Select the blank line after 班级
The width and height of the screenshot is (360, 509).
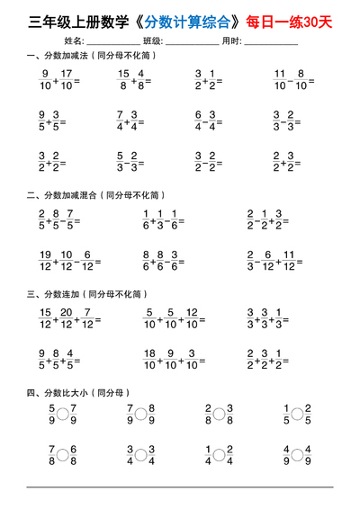(191, 41)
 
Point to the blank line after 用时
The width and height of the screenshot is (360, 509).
(271, 41)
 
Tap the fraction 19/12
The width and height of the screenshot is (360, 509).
(45, 260)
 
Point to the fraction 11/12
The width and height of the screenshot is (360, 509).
(287, 260)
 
